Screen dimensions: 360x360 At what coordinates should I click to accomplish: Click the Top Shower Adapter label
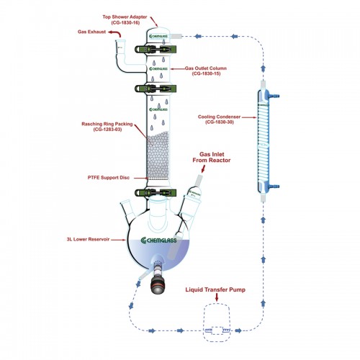pos(125,19)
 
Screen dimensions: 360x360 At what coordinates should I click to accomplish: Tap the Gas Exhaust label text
pos(91,32)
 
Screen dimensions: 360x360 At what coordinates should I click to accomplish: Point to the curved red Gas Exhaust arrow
pos(114,32)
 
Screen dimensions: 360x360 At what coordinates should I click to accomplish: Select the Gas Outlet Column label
pos(206,71)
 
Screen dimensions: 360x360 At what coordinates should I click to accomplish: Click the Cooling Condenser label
pos(219,120)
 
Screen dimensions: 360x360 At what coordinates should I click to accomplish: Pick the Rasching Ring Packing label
pos(107,127)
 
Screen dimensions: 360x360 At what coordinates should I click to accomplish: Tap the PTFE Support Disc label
pos(109,178)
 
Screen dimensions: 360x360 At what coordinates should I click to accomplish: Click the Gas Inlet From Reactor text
pos(212,157)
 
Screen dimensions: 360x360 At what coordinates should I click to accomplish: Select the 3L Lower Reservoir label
pos(88,239)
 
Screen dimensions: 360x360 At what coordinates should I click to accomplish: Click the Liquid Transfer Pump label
pos(215,289)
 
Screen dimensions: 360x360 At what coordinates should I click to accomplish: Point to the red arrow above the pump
pos(217,297)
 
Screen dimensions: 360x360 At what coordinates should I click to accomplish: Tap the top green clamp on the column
pos(156,49)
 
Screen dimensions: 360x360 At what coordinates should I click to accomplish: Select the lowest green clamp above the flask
pos(156,193)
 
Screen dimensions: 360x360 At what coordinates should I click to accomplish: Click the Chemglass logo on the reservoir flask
pos(158,240)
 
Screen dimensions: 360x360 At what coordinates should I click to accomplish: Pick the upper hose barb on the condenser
pos(274,96)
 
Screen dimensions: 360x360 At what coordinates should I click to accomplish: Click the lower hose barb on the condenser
pos(274,186)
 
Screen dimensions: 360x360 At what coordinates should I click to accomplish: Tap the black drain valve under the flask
pos(158,286)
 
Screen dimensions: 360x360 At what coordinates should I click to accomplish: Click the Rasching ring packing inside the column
pos(158,156)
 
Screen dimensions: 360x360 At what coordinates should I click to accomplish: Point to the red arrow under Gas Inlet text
pos(203,168)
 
